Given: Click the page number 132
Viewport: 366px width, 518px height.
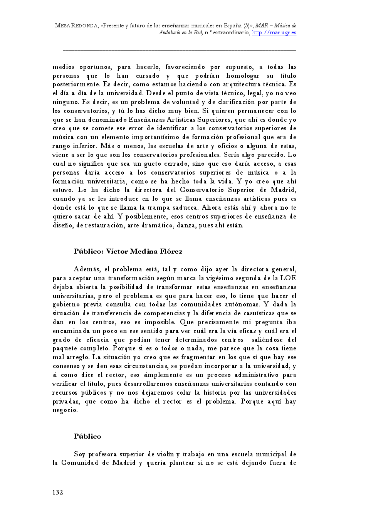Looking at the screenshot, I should [58, 492].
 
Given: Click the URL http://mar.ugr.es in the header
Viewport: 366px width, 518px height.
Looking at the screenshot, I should [274, 33].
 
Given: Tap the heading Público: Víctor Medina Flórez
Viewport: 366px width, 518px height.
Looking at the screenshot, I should [128, 252].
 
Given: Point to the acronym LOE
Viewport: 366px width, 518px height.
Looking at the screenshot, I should [288, 278].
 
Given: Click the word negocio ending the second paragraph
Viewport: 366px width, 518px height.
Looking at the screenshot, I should [65, 410].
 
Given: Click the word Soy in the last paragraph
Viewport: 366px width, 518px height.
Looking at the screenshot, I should [79, 454].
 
